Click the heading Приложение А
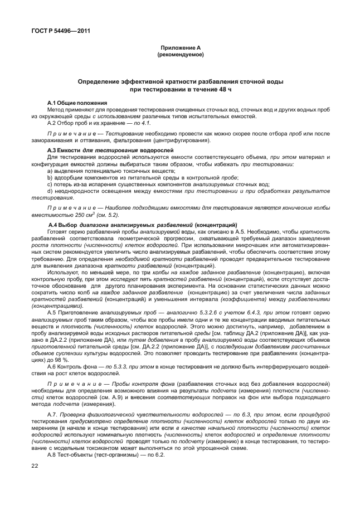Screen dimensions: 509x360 pyautogui.click(x=180, y=49)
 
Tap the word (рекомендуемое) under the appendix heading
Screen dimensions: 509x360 pyautogui.click(x=180, y=55)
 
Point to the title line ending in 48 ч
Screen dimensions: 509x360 pyautogui.click(x=180, y=89)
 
